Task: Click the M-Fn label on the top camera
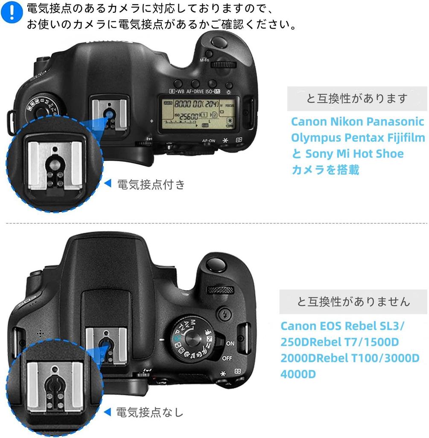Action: pos(204,60)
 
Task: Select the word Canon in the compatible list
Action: pos(309,121)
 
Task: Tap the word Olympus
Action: pos(312,138)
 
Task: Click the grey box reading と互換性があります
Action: pos(357,99)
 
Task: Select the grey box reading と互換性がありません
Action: pos(353,302)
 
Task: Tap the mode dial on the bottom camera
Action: pos(195,337)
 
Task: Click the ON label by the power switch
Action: pos(230,343)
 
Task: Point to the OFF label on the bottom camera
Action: pos(227,358)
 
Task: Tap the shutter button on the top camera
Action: pos(219,42)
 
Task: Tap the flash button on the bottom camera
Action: pos(222,313)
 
